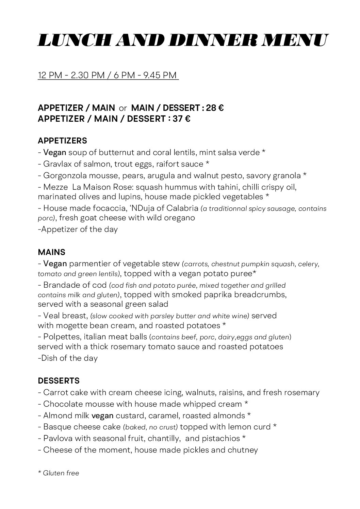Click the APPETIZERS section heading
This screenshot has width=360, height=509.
click(x=62, y=141)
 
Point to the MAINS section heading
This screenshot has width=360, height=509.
click(x=51, y=252)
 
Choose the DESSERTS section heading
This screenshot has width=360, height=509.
click(x=59, y=380)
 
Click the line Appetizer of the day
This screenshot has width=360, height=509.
click(x=78, y=229)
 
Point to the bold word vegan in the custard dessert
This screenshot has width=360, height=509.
click(x=102, y=415)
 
